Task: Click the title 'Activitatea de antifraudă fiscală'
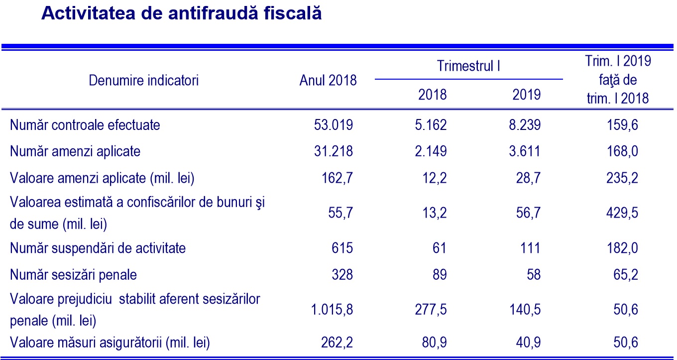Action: tap(181, 14)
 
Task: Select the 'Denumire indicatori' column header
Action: tap(143, 80)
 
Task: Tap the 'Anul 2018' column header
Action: tap(328, 80)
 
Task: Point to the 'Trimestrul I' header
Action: tap(468, 66)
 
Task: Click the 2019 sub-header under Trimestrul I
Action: tap(526, 94)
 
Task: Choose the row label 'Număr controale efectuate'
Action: tap(85, 124)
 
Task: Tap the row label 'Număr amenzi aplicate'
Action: tap(75, 151)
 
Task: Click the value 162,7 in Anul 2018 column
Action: tap(337, 177)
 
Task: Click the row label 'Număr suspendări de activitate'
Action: tap(98, 247)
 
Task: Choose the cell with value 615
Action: tap(342, 247)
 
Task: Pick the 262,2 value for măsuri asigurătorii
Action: tap(337, 343)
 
